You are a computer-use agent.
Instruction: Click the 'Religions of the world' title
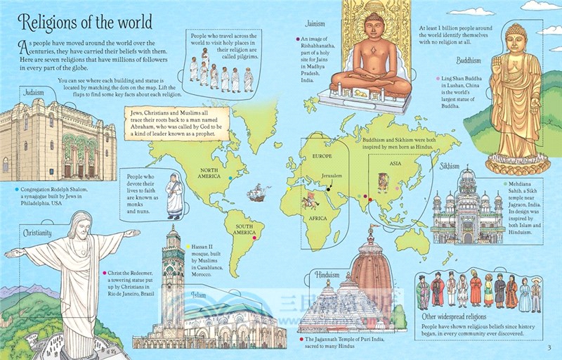coord(83,22)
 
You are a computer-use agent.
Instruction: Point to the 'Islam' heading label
coord(199,295)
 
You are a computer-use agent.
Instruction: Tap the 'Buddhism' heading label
coord(468,60)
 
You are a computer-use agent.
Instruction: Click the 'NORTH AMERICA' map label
coord(213,173)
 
